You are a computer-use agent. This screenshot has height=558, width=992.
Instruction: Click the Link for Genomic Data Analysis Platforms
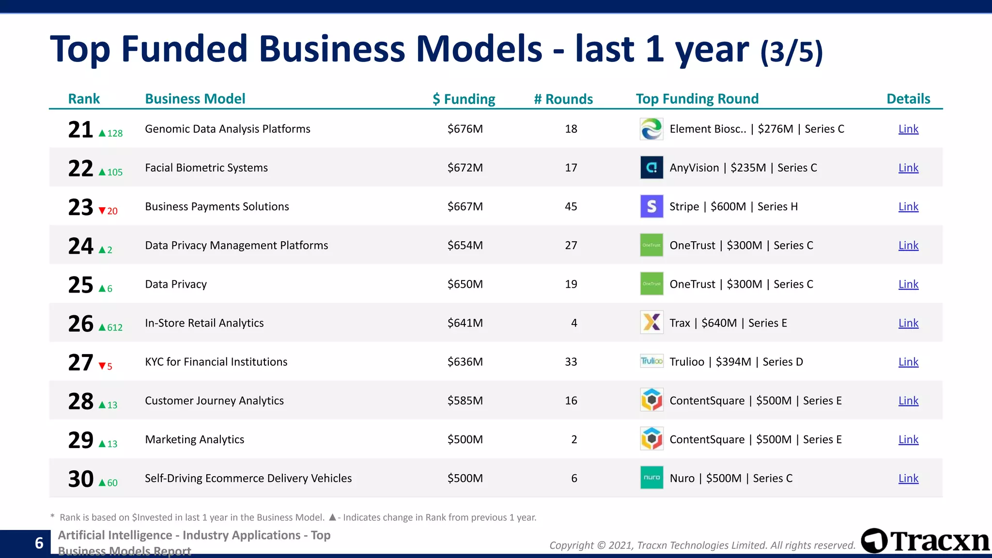tap(908, 129)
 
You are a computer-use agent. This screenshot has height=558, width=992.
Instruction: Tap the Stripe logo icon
tap(651, 206)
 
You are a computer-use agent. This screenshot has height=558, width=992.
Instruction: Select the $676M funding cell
tap(465, 129)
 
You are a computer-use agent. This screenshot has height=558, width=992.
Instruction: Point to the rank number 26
tap(80, 324)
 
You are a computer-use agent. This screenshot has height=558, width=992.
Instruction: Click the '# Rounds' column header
tap(563, 99)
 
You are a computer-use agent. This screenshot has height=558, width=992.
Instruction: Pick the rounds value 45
tap(571, 206)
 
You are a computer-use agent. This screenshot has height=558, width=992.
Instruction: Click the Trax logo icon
tap(651, 323)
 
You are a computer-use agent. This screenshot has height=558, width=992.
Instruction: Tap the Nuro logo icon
tap(651, 478)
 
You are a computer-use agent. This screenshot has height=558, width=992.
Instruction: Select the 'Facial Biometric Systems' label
tap(206, 168)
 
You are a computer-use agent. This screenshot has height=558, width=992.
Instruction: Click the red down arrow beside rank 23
tap(102, 211)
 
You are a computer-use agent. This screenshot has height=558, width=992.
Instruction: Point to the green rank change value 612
tap(115, 327)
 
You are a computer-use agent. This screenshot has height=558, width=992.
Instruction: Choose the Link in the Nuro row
tap(908, 478)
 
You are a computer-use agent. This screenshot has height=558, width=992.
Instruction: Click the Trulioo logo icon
tap(651, 361)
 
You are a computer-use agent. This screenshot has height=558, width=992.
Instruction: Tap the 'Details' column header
tap(908, 99)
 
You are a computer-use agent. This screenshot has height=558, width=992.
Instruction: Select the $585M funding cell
tap(465, 401)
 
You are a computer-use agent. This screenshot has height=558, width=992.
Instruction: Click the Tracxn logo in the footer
tap(925, 541)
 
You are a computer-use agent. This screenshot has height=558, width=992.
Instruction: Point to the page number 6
tap(39, 543)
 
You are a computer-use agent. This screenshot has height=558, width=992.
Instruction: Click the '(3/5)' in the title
tap(791, 52)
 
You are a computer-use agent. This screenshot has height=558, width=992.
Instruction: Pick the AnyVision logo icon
tap(651, 168)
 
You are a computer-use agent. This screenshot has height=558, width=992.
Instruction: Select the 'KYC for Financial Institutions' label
tap(216, 362)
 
